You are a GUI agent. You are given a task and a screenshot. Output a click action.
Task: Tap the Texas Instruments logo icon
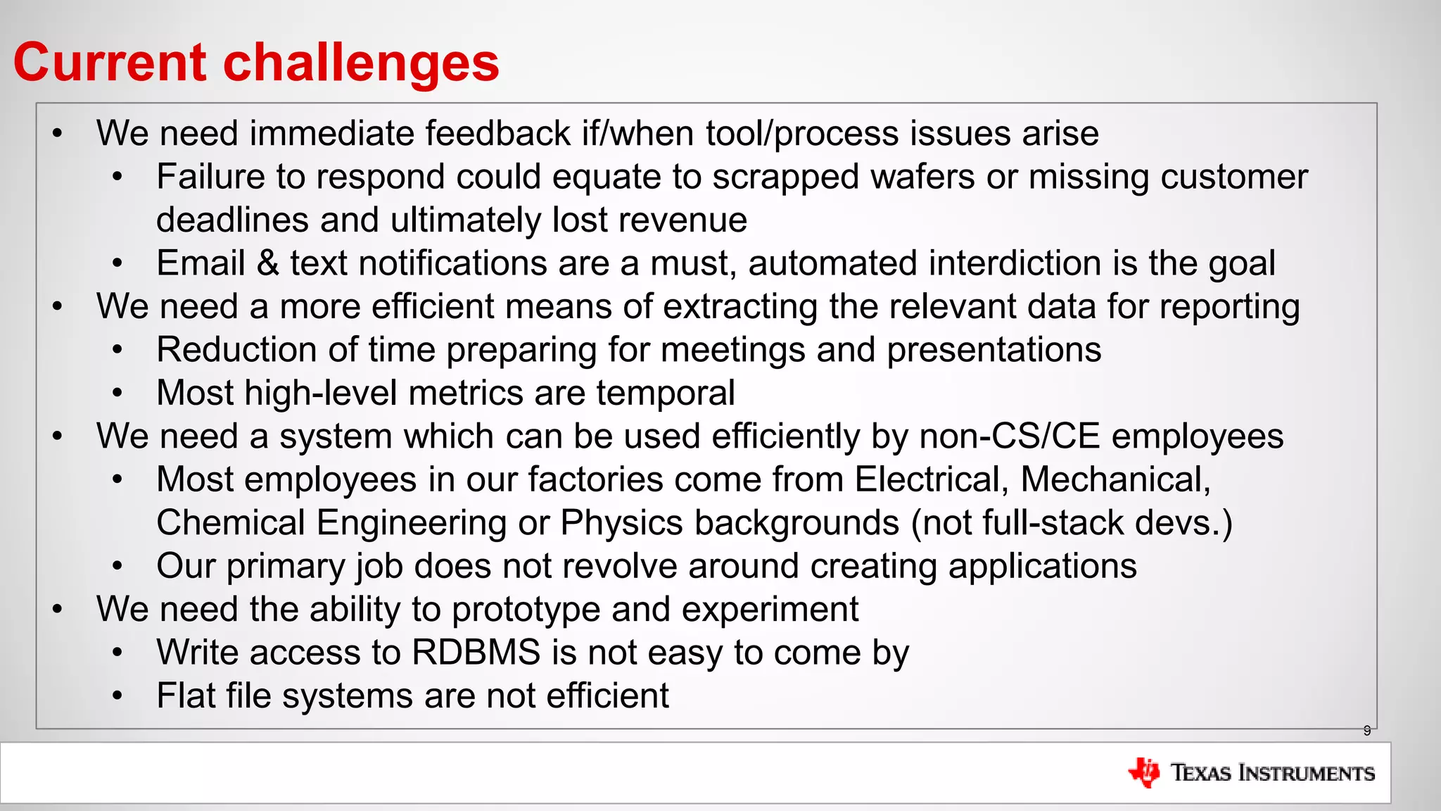point(1144,772)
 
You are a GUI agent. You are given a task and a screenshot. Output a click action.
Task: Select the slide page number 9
point(1366,731)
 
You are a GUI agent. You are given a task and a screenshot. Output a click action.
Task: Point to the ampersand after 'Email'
point(267,263)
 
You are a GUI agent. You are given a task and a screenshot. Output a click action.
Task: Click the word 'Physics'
point(621,523)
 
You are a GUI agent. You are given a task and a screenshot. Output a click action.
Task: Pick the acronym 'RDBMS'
point(476,652)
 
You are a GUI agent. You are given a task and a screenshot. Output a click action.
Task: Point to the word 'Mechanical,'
point(1115,479)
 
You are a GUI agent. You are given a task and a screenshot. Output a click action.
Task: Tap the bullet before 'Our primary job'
point(118,566)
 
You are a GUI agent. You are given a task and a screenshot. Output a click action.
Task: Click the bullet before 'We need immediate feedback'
point(58,134)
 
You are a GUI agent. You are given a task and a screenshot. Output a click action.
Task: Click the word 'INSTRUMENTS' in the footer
point(1306,773)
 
